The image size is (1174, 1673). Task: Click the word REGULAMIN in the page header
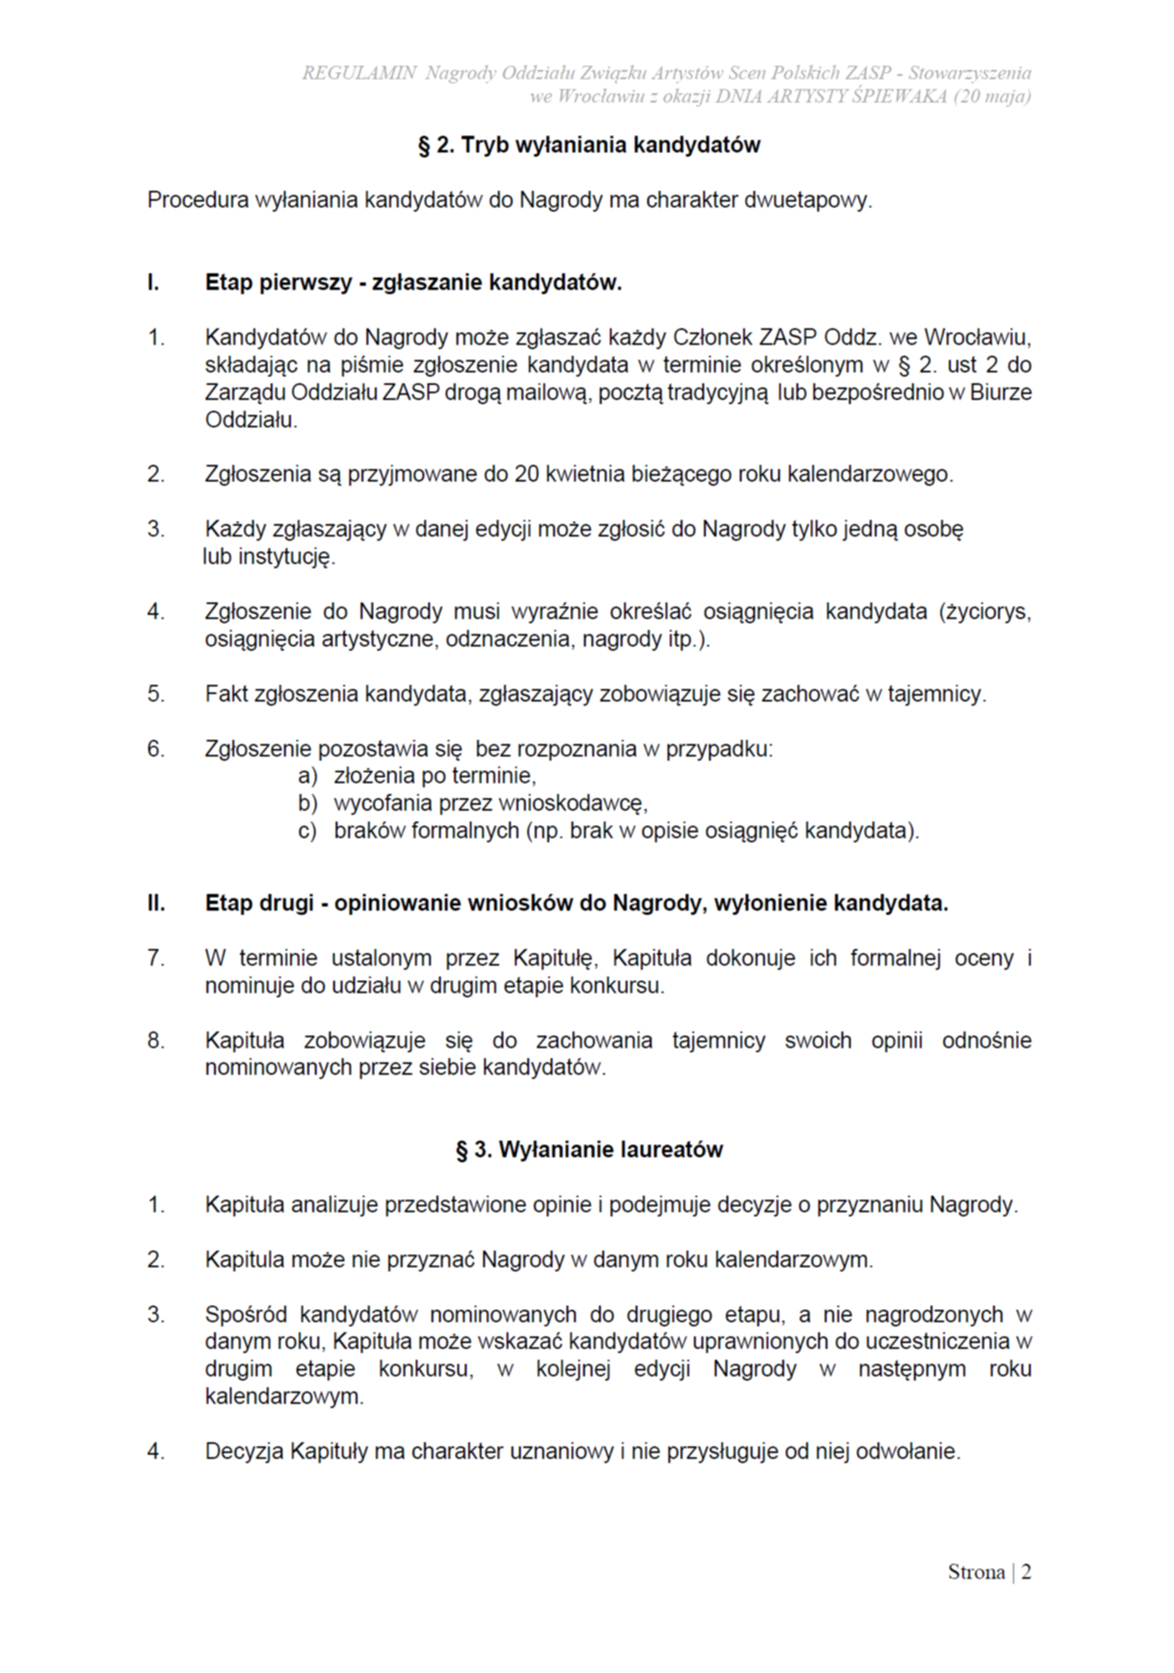(358, 73)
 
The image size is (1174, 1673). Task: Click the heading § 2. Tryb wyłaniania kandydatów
(589, 145)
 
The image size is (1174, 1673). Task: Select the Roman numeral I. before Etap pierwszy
(153, 283)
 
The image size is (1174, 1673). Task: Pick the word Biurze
(1001, 392)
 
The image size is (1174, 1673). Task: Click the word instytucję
(286, 557)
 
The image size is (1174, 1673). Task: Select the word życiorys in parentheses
(987, 612)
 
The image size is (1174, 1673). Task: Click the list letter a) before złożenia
(308, 777)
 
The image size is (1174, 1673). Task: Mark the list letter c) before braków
(308, 832)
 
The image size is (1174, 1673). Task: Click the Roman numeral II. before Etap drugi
(156, 903)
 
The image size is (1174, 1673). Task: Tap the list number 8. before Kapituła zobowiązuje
(156, 1041)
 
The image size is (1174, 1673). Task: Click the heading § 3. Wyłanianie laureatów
(589, 1150)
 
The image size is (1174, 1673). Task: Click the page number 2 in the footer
(1026, 1572)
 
